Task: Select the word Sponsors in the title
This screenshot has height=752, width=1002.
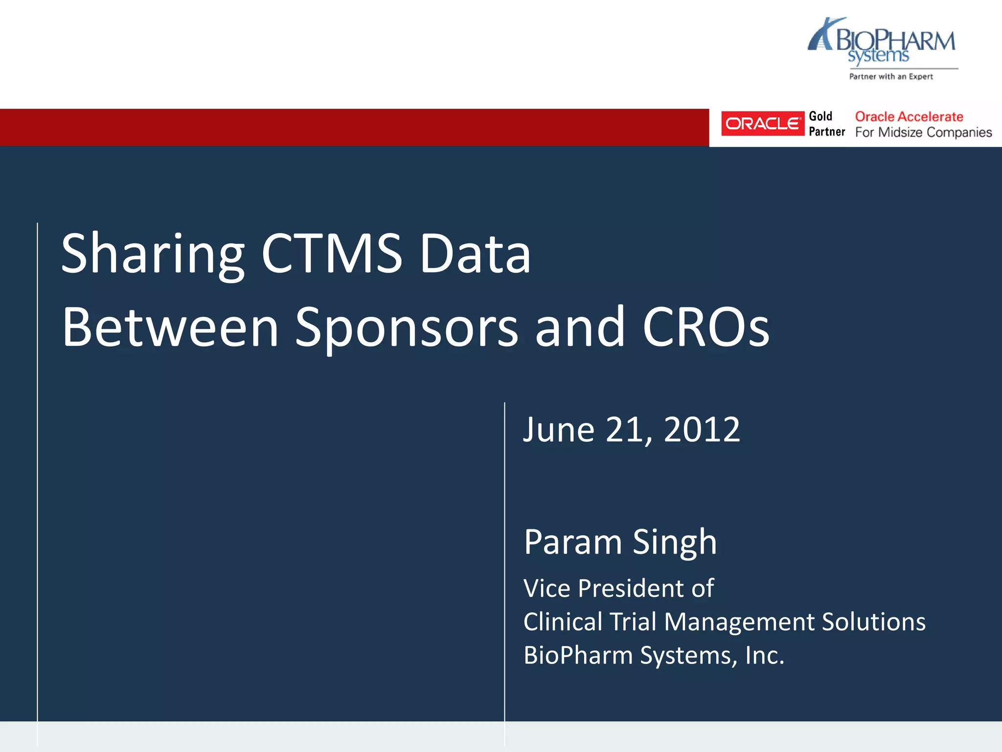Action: point(406,328)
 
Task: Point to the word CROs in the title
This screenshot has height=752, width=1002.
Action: point(706,327)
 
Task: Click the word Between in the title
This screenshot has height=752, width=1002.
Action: point(170,327)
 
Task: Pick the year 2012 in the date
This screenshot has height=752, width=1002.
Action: point(702,430)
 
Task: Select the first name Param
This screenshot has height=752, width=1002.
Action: point(573,542)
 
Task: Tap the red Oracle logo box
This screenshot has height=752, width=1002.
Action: point(762,123)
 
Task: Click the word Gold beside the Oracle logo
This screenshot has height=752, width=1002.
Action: point(820,117)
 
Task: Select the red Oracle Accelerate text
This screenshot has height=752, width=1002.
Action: point(909,117)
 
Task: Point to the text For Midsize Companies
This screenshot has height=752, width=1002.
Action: point(923,132)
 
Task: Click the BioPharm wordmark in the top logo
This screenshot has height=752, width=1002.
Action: point(895,40)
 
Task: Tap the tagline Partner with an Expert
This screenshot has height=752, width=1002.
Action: point(891,76)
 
